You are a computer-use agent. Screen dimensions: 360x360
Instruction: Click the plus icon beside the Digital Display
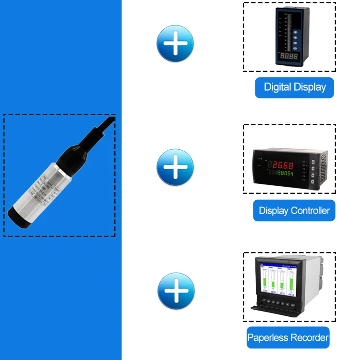[x=175, y=44]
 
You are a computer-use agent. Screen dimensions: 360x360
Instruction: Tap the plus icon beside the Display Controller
[x=175, y=168]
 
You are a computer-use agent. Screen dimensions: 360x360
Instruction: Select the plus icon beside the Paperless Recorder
[x=176, y=291]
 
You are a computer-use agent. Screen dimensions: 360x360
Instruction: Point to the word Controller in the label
[x=311, y=210]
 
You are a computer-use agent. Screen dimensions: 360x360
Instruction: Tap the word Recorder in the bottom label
[x=310, y=337]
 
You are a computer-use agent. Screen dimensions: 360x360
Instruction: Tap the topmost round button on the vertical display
[x=296, y=22]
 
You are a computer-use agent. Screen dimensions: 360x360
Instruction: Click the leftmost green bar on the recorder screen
[x=265, y=281]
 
